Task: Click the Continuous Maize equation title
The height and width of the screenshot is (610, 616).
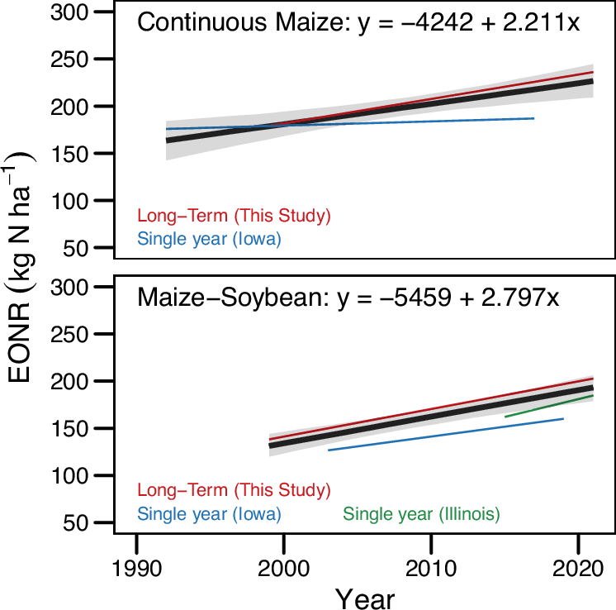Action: point(358,22)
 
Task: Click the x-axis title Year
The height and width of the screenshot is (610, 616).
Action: point(364,597)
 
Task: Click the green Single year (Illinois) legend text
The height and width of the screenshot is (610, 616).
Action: point(421,514)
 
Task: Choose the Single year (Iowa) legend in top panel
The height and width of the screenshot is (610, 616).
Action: point(210,240)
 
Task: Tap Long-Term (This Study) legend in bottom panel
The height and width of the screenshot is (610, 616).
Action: point(234,489)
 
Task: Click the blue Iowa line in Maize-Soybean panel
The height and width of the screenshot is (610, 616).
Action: point(446,434)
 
